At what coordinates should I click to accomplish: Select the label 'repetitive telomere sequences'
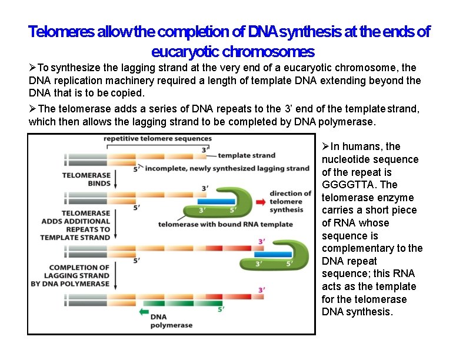158,139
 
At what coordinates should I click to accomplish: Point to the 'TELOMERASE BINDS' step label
86,179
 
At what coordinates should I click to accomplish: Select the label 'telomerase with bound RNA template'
225,224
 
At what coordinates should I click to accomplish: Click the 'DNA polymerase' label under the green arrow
171,321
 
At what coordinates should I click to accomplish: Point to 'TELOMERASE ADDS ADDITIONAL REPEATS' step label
75,225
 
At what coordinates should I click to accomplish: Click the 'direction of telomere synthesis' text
291,202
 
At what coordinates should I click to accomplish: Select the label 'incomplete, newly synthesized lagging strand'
227,168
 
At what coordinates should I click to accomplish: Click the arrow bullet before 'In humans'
325,146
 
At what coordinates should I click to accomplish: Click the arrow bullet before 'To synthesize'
33,68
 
